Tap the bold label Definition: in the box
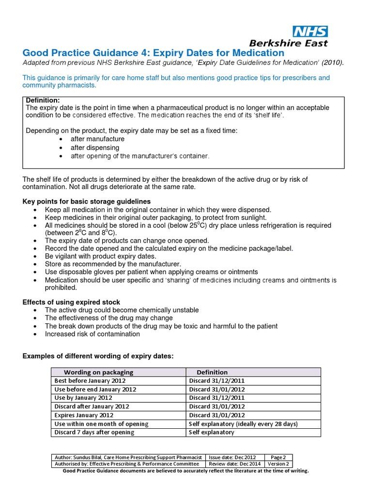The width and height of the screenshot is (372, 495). click(43, 100)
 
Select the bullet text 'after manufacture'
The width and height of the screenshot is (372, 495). click(97, 139)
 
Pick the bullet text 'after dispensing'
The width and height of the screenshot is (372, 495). click(95, 147)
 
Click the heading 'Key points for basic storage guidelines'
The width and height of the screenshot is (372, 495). click(87, 201)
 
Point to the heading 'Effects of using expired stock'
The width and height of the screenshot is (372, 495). click(72, 302)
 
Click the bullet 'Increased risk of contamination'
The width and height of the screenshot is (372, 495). click(92, 334)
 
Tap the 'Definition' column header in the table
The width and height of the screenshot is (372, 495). click(212, 372)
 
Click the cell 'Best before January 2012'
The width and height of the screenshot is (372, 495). click(88, 381)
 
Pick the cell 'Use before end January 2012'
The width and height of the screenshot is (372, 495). click(95, 389)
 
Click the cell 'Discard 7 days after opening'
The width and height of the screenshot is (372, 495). click(94, 432)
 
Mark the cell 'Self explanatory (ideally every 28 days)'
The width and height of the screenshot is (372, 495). click(243, 423)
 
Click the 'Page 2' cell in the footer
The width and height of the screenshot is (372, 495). click(278, 457)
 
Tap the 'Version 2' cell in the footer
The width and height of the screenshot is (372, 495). click(278, 464)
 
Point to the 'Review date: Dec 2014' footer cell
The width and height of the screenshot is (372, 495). click(232, 464)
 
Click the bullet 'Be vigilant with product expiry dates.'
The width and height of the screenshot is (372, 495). click(100, 256)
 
